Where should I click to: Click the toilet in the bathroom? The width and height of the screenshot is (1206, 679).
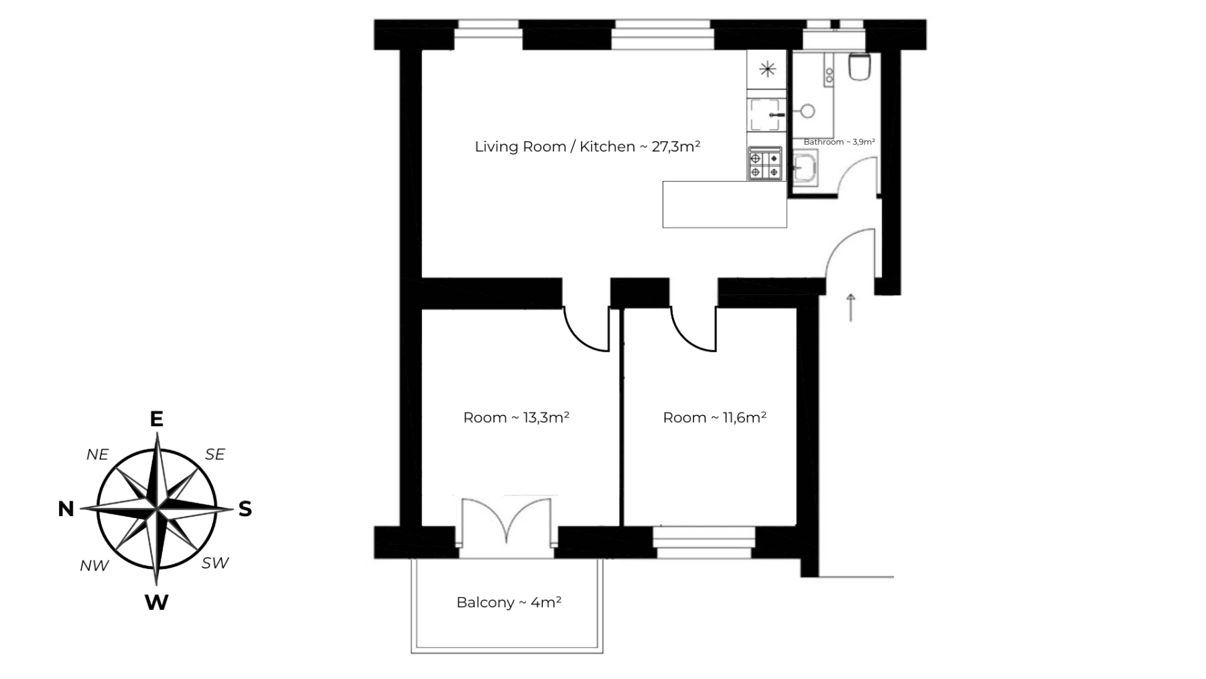pos(859,67)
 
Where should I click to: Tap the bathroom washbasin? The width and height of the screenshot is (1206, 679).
pos(803,168)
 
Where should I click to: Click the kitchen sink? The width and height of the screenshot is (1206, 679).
pos(766,115)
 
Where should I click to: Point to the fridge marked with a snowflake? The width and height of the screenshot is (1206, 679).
pos(767,69)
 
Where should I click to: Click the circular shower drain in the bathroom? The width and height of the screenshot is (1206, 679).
pos(808,111)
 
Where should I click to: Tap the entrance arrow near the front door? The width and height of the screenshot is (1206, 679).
pos(851,307)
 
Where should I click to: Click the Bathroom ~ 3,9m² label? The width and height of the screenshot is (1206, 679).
pos(839,142)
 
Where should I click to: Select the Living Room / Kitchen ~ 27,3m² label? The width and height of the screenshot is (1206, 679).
pos(587,147)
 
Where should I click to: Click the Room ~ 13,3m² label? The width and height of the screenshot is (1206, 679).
pos(516,418)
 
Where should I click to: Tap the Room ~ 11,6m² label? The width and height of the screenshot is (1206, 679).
pos(714,418)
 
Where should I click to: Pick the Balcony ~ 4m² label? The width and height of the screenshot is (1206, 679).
pos(509,603)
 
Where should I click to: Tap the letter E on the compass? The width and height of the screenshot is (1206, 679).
pos(156,419)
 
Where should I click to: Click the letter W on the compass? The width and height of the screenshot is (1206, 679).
pos(156,603)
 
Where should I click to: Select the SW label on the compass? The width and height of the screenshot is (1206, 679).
pos(215,563)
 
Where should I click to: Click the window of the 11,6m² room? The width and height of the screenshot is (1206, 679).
pos(704,542)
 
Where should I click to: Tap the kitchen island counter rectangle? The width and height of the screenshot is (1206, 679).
pos(724,204)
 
